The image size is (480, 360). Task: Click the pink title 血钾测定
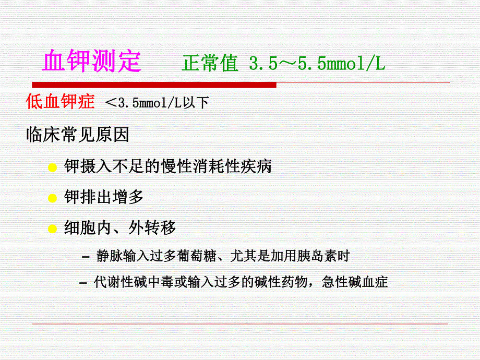(x=92, y=62)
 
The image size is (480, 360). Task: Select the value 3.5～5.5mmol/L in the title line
(x=317, y=64)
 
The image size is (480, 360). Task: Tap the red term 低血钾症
(x=61, y=101)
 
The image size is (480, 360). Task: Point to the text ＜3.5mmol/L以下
(x=157, y=103)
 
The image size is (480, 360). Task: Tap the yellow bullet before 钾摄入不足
(x=52, y=168)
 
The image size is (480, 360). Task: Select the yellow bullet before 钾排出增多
(x=52, y=198)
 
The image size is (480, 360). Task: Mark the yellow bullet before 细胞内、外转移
(x=52, y=229)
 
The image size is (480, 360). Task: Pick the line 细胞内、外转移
(x=119, y=228)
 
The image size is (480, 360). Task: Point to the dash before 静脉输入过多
(x=86, y=257)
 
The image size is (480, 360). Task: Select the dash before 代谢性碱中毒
(x=83, y=283)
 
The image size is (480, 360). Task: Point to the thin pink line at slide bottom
(x=240, y=324)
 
